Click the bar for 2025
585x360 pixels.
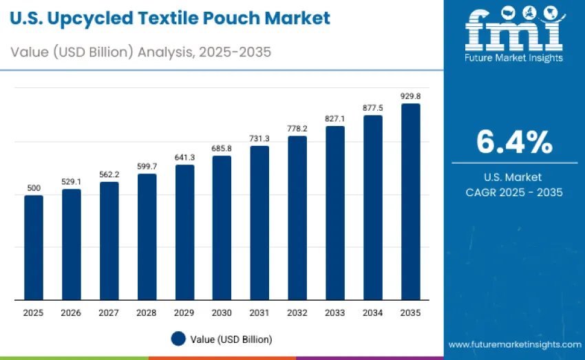pos(34,248)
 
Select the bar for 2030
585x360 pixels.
pos(222,228)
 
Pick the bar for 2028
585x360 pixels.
pos(147,237)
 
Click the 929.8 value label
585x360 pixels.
pos(410,96)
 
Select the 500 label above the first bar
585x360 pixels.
pos(34,188)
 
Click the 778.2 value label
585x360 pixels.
pos(297,129)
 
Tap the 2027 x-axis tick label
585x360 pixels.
pos(109,313)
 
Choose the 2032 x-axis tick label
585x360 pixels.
pos(297,313)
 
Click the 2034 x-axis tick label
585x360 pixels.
pos(372,313)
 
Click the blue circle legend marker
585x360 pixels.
pos(179,339)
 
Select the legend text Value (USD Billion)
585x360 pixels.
pos(231,339)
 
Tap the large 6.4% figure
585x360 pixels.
pos(514,142)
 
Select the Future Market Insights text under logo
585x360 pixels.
pos(514,58)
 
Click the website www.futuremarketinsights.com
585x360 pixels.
pos(514,343)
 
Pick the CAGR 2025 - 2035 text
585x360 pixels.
pos(514,192)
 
